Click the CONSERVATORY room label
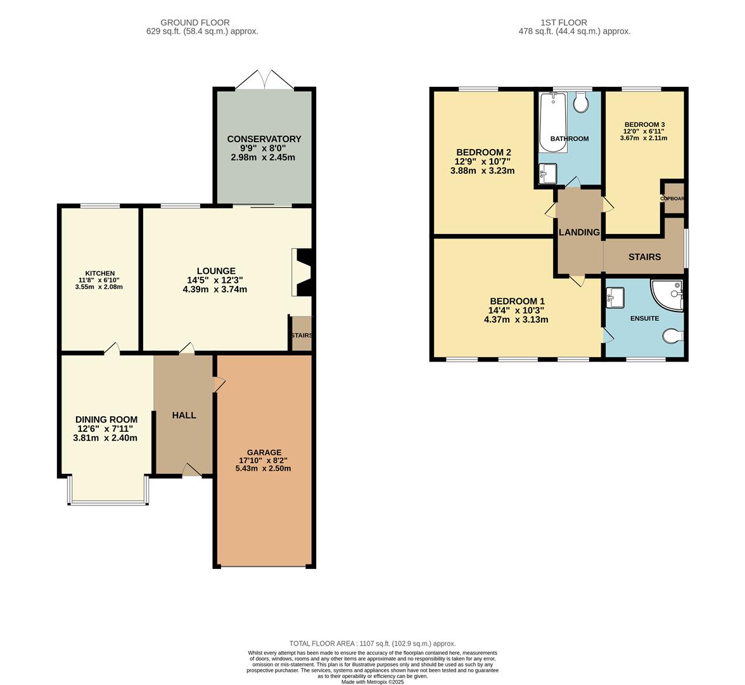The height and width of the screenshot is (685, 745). point(264,139)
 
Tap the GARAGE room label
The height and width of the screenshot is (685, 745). point(265,452)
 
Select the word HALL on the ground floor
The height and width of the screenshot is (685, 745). point(184,415)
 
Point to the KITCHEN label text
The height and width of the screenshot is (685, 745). point(98,273)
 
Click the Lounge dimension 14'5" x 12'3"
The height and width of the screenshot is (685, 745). point(215,280)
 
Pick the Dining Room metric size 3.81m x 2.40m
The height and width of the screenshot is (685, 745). point(105,438)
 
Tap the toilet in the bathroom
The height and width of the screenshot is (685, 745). point(580,102)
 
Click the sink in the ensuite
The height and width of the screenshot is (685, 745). point(615,297)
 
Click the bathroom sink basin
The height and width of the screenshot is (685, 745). point(547,173)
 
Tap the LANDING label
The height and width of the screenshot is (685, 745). point(579,232)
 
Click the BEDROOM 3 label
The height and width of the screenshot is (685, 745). point(644,124)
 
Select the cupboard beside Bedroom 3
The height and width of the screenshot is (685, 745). point(673,198)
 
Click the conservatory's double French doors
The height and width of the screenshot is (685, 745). point(265,81)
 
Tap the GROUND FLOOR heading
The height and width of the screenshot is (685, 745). point(194,22)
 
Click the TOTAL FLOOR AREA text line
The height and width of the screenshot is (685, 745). point(372,643)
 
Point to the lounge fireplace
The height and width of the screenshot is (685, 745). point(302,272)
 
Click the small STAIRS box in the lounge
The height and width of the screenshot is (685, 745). point(302,335)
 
